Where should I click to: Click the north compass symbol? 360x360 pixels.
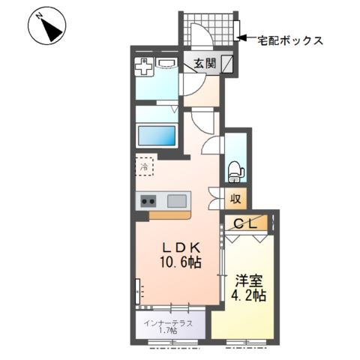point(46,25)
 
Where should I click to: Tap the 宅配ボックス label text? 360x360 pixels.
point(290,40)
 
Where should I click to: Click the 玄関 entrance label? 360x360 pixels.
point(205,64)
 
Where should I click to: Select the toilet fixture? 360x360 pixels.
point(235,172)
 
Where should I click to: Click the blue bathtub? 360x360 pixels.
point(157,135)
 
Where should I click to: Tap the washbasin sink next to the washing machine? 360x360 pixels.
point(166,62)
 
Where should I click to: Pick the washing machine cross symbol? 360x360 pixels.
point(144,66)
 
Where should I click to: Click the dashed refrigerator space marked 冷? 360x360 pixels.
point(144,166)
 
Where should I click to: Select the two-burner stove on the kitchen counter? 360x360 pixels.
point(148,201)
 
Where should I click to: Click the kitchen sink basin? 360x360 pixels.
point(177,201)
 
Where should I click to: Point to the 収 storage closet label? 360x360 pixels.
point(235,199)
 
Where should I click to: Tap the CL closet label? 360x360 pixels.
point(246,224)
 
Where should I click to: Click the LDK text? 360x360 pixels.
point(181,248)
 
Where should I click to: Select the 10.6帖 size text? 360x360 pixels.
point(181,262)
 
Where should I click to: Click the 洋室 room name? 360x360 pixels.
point(249,281)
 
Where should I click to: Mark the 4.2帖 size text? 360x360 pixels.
point(248,295)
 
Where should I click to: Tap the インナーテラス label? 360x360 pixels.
point(168,323)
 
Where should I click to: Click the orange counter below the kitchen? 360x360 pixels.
point(170,215)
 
